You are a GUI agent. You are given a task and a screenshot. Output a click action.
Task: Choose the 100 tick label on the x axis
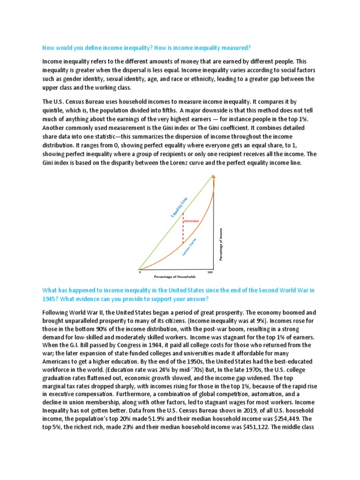click(210, 272)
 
